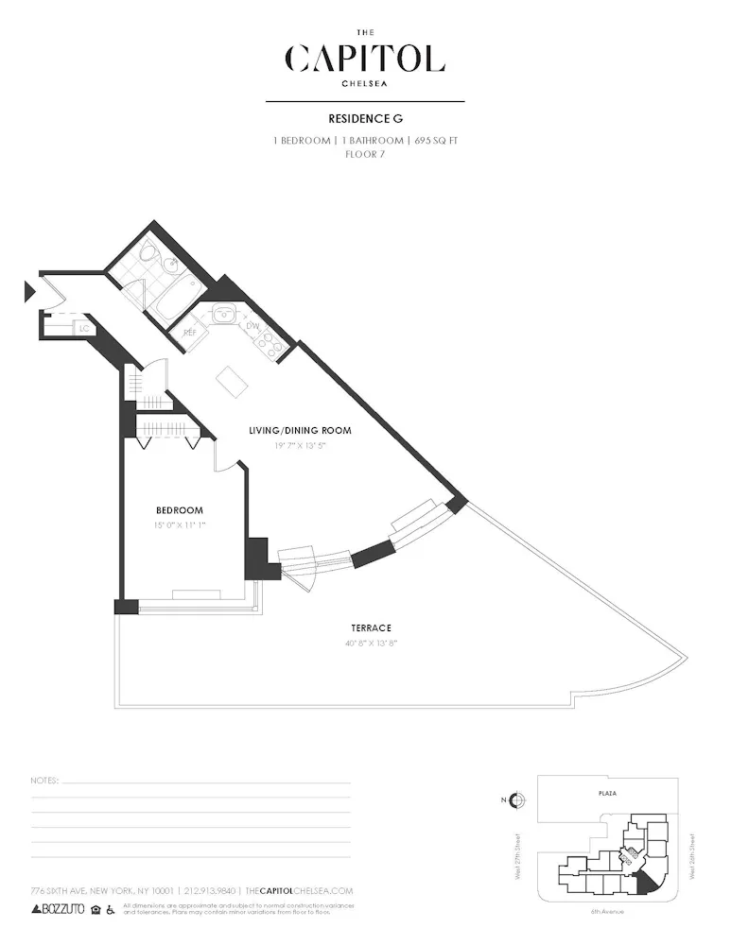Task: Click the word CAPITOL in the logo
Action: [x=365, y=59]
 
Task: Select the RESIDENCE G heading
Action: [x=365, y=119]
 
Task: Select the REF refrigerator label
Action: [x=189, y=333]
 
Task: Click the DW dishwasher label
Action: [x=252, y=326]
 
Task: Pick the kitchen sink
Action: [x=223, y=316]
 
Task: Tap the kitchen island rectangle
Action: [x=231, y=382]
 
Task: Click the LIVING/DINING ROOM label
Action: [x=300, y=431]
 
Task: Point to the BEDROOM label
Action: [x=179, y=510]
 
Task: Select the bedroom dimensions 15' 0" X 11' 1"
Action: [x=179, y=524]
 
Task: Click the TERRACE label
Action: [x=371, y=627]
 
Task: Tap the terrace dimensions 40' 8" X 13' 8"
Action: [x=371, y=643]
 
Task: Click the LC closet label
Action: [x=84, y=328]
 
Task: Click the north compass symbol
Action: [x=516, y=801]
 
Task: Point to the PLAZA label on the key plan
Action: [x=607, y=793]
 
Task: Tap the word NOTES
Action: [x=44, y=782]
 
